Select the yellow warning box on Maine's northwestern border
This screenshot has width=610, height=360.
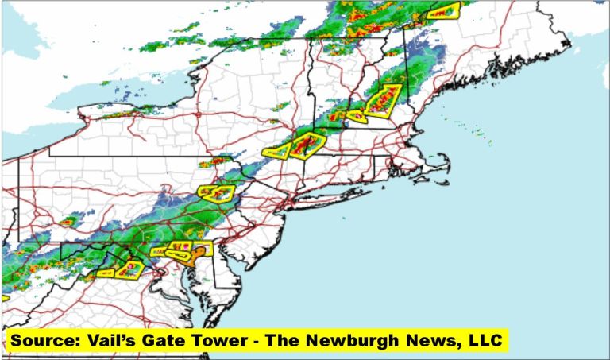pyautogui.click(x=443, y=11)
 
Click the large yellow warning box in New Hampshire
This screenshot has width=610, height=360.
pyautogui.click(x=384, y=101)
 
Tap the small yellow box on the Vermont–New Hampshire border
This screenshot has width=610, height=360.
pyautogui.click(x=357, y=116)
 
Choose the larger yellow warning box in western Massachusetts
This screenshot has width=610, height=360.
pyautogui.click(x=307, y=145)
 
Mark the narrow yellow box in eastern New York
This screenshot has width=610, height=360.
pyautogui.click(x=275, y=151)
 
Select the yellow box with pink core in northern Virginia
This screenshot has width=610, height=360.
pyautogui.click(x=129, y=269)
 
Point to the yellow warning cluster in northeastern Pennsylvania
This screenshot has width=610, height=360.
pyautogui.click(x=216, y=192)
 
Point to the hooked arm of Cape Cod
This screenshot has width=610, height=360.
pyautogui.click(x=444, y=161)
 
